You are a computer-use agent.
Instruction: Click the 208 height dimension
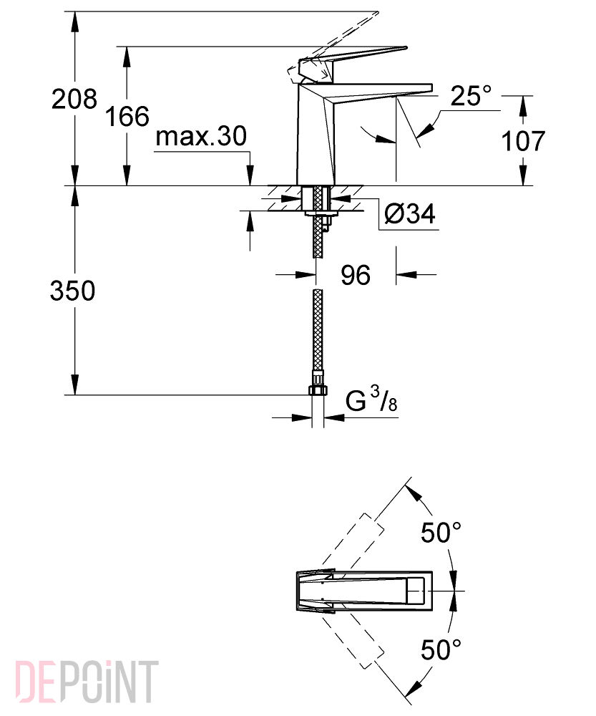[74, 99]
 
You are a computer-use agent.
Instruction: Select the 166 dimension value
[127, 116]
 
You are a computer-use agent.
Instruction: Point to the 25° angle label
[472, 96]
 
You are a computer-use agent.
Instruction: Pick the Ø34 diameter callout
[410, 213]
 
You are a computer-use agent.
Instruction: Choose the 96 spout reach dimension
[356, 275]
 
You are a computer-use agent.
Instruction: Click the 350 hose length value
[72, 291]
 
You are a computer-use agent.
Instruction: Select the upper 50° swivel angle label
[441, 532]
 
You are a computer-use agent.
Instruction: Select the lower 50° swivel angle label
[441, 649]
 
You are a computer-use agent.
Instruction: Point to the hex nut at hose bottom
[318, 390]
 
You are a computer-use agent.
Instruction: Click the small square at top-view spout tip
[416, 590]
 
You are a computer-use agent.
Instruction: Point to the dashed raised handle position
[333, 46]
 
